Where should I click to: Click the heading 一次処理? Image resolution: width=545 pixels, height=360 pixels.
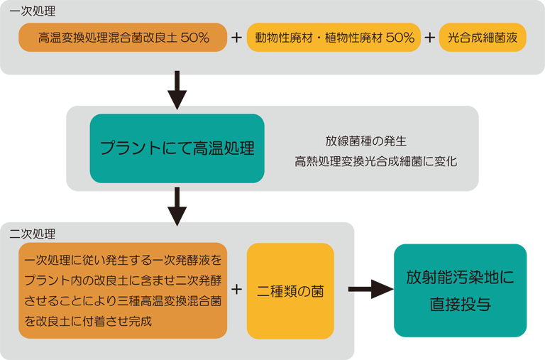click(32, 11)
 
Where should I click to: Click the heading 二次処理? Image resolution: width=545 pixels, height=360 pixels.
click(32, 233)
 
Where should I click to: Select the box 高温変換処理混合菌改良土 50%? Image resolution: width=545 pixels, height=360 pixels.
click(123, 38)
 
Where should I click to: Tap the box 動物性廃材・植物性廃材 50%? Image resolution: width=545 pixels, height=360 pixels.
click(334, 38)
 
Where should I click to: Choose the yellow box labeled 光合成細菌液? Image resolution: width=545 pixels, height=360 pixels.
click(482, 38)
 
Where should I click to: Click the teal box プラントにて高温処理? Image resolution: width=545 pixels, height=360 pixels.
click(177, 148)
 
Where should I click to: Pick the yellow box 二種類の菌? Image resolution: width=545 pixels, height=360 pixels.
click(290, 291)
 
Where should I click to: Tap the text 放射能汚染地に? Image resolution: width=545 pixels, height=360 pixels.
click(459, 277)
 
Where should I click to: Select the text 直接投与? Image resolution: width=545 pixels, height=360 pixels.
click(459, 305)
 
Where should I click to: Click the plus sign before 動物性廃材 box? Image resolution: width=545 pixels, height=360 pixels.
click(236, 38)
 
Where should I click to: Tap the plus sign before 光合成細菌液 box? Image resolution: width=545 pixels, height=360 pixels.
click(430, 38)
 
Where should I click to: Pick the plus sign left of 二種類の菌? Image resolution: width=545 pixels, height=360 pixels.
click(236, 290)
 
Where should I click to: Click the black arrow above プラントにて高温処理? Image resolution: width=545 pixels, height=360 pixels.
click(177, 90)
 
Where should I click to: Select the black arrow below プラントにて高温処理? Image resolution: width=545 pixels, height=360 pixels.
click(177, 207)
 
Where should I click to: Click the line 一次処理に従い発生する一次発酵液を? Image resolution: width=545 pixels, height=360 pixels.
click(122, 260)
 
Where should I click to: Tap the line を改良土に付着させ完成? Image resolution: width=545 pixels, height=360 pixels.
click(88, 321)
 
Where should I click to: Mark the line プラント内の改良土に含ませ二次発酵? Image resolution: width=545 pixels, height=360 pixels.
click(122, 280)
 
